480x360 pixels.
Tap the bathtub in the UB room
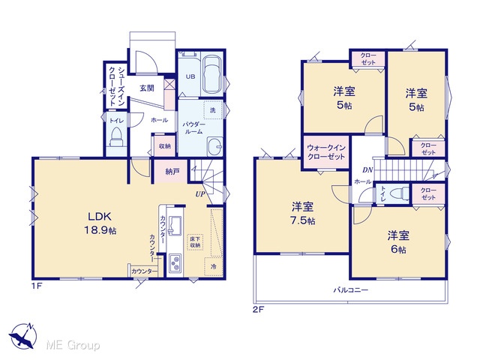tap(212, 74)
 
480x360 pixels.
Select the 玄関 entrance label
tap(147, 88)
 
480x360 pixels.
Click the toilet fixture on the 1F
tap(116, 136)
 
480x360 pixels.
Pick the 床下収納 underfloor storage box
tap(195, 241)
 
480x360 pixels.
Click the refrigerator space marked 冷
tap(213, 267)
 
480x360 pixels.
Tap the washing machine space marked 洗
tap(213, 110)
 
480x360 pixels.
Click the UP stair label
tap(200, 194)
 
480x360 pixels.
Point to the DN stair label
tap(367, 170)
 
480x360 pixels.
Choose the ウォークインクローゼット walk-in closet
tap(326, 152)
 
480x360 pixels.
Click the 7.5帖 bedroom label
tap(302, 213)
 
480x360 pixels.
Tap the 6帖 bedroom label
tap(398, 242)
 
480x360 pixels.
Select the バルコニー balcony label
tap(350, 289)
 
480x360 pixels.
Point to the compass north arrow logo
tap(22, 336)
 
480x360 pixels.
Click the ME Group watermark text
tap(73, 345)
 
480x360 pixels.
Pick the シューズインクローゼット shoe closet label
tap(116, 86)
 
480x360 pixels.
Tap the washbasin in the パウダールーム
tap(215, 147)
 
